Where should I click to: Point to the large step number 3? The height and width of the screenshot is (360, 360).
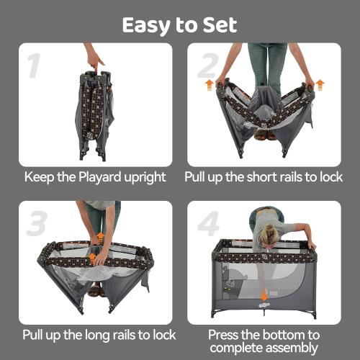[37, 224]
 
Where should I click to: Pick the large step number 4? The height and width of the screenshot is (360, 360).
[207, 224]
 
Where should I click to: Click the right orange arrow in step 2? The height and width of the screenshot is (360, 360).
[320, 84]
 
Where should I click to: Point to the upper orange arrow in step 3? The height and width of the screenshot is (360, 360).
[100, 236]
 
